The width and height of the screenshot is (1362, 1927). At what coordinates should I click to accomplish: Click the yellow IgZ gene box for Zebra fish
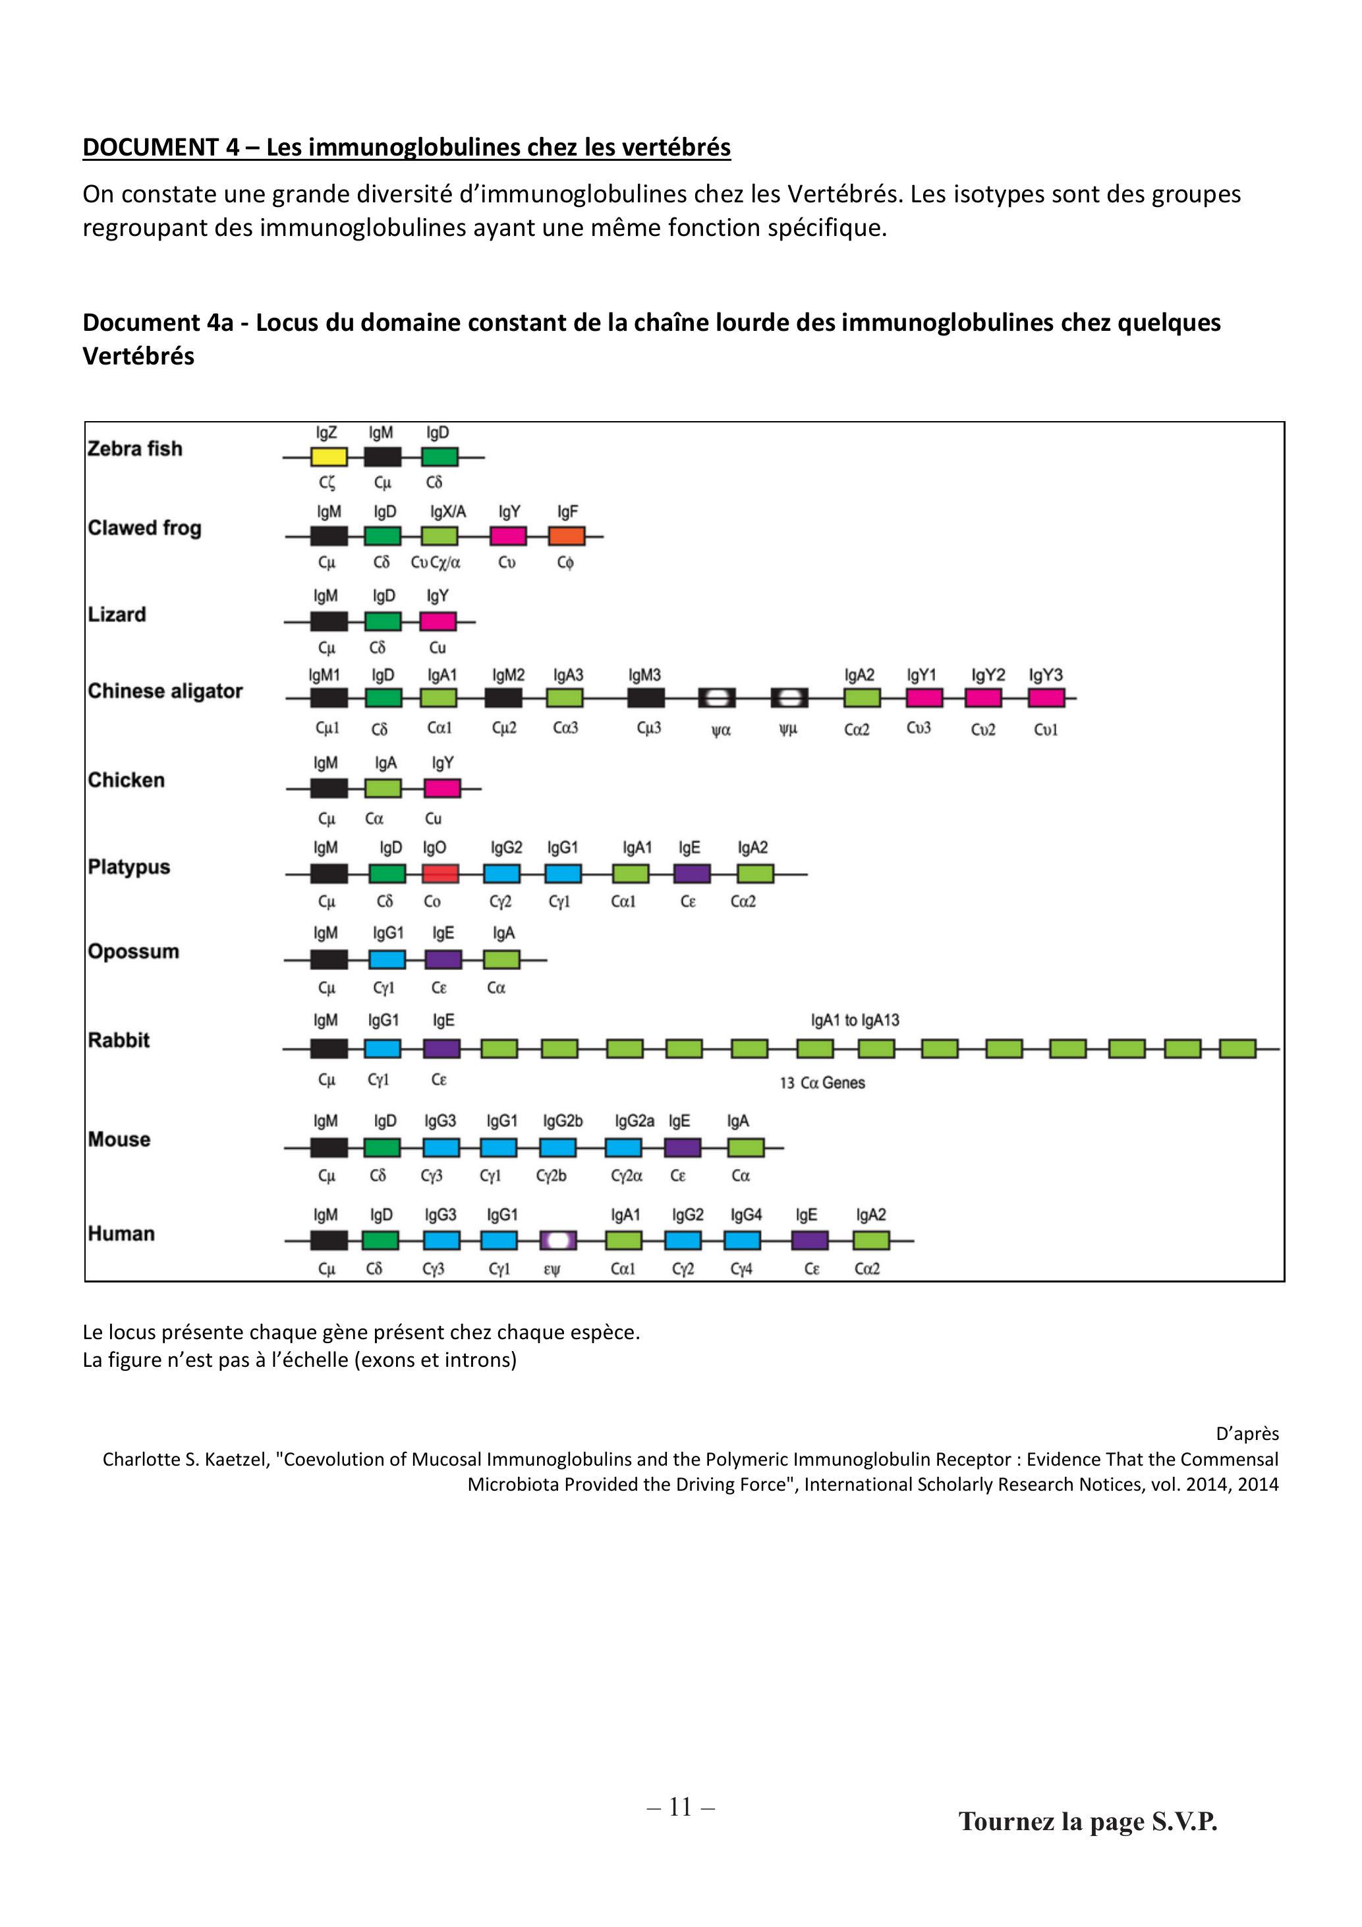[x=329, y=457]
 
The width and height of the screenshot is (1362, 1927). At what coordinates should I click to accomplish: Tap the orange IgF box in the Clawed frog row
[x=567, y=536]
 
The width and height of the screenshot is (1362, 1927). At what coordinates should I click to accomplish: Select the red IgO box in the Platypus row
[x=440, y=874]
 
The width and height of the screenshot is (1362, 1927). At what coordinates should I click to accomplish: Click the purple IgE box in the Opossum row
[x=443, y=960]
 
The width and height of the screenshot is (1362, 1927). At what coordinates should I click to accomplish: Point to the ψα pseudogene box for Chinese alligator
[x=718, y=697]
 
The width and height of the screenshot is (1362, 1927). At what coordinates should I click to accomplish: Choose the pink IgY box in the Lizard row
[x=438, y=621]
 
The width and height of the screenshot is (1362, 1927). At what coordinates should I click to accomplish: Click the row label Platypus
[x=128, y=868]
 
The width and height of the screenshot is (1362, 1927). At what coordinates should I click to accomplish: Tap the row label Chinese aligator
[x=165, y=691]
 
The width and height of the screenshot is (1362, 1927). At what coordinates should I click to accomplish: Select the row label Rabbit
[x=119, y=1040]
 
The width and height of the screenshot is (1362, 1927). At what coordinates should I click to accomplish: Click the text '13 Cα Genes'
[x=822, y=1083]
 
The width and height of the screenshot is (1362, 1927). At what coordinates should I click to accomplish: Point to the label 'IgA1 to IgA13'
[x=855, y=1021]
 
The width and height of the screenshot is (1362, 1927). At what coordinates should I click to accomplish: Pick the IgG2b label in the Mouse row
[x=563, y=1121]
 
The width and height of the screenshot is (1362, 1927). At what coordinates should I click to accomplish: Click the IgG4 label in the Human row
[x=746, y=1215]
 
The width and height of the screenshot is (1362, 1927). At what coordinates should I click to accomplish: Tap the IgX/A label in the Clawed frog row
[x=448, y=512]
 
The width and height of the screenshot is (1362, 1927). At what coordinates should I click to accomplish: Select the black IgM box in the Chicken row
[x=329, y=788]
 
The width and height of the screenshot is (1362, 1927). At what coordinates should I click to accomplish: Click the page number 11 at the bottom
[x=681, y=1808]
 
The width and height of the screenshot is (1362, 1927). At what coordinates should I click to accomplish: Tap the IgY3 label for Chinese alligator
[x=1046, y=676]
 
